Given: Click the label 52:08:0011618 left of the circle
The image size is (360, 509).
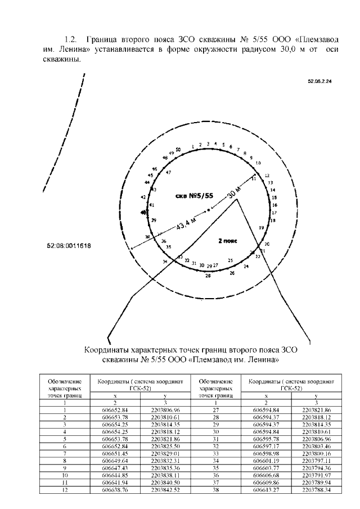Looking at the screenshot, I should (x=70, y=246).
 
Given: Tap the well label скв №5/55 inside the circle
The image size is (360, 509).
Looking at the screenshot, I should (x=195, y=196).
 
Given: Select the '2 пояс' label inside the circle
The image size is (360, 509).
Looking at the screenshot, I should (x=228, y=240).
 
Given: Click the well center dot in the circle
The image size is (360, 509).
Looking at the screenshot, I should (x=209, y=210).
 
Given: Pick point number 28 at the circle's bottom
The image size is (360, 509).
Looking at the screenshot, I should (x=208, y=276).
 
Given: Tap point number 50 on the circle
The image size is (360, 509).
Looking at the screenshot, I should (x=178, y=150).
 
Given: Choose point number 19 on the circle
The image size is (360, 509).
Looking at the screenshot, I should (x=260, y=227).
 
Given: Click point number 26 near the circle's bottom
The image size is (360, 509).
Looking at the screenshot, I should (x=232, y=273).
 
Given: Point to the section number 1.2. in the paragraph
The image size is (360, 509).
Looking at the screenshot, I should (x=70, y=40).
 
